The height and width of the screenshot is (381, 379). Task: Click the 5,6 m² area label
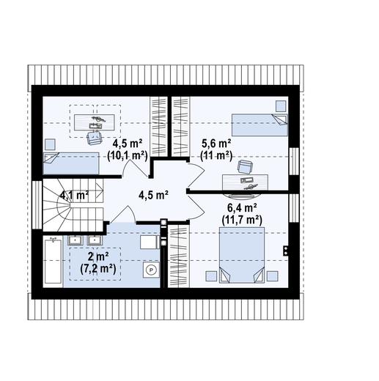coord(216,144)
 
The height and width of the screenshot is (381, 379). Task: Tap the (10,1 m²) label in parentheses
coord(128,155)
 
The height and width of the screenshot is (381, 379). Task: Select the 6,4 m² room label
coord(242,208)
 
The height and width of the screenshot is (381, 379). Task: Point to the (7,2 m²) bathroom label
coord(98,269)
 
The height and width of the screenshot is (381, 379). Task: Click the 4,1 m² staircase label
coord(74,195)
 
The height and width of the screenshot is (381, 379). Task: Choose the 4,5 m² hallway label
coord(153,195)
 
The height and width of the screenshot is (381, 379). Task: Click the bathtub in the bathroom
coord(53,262)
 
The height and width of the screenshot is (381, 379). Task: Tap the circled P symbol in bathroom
coord(151,270)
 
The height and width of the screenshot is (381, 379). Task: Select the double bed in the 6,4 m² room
coord(242,255)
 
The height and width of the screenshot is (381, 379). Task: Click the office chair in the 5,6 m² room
coord(245,167)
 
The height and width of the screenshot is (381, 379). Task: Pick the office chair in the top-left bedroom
coord(94,138)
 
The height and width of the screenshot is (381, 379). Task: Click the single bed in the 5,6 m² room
coord(260,125)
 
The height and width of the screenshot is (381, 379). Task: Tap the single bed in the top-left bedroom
coord(71,163)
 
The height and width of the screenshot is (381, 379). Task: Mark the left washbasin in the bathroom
coord(76,240)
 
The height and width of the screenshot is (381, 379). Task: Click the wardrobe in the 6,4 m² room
coord(179,256)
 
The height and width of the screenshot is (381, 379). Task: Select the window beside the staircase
coord(37,204)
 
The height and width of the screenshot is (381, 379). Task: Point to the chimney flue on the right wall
coord(286,251)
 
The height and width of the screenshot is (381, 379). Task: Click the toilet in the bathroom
coord(150,242)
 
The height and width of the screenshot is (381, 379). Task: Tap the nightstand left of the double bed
coord(211,276)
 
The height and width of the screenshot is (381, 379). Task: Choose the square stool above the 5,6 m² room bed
coord(281,106)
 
